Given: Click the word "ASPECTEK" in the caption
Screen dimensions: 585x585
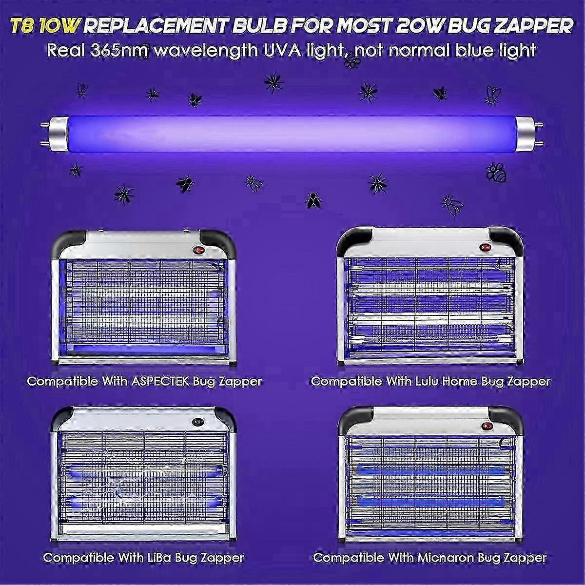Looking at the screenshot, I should [x=161, y=381].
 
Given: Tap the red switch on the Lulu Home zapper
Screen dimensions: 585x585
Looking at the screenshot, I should [x=485, y=247].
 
